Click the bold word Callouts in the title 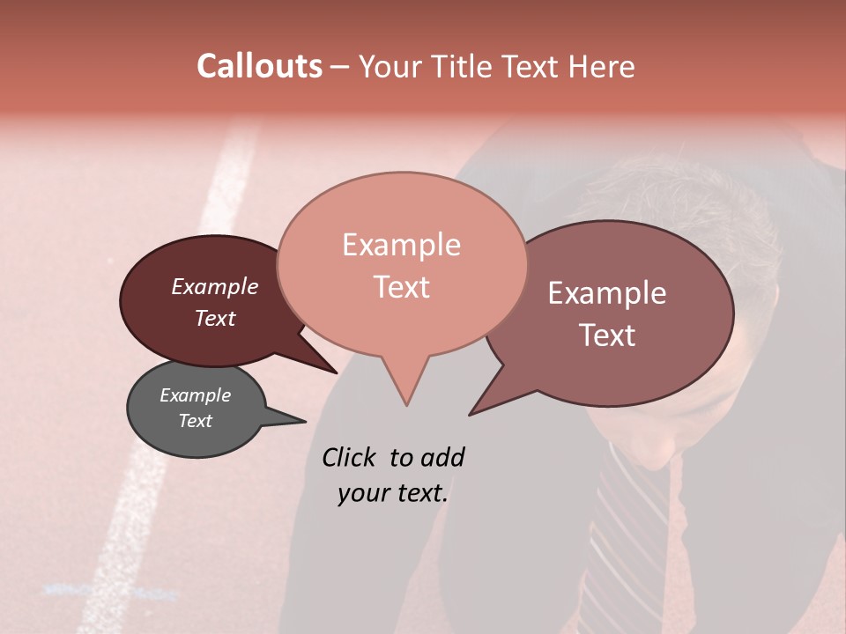[x=259, y=66]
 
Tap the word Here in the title [x=602, y=67]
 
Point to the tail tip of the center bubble [x=406, y=404]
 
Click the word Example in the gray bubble [x=195, y=395]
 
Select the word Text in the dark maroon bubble [x=215, y=318]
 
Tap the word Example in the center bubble [x=401, y=245]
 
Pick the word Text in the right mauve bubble [x=607, y=335]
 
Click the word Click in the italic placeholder [x=349, y=457]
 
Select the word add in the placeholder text [x=442, y=457]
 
